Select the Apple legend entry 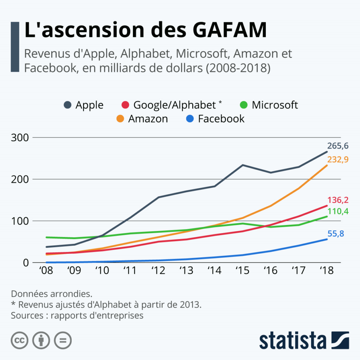coord(89,105)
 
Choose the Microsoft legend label coord(275,105)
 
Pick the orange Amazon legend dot coord(120,119)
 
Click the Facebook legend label coord(221,119)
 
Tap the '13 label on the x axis coord(187,270)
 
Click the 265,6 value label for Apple coord(338,146)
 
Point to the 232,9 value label coord(338,159)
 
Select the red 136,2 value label coord(338,200)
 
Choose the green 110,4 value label coord(338,211)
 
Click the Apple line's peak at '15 coord(243,165)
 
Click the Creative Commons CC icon coord(19,340)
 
